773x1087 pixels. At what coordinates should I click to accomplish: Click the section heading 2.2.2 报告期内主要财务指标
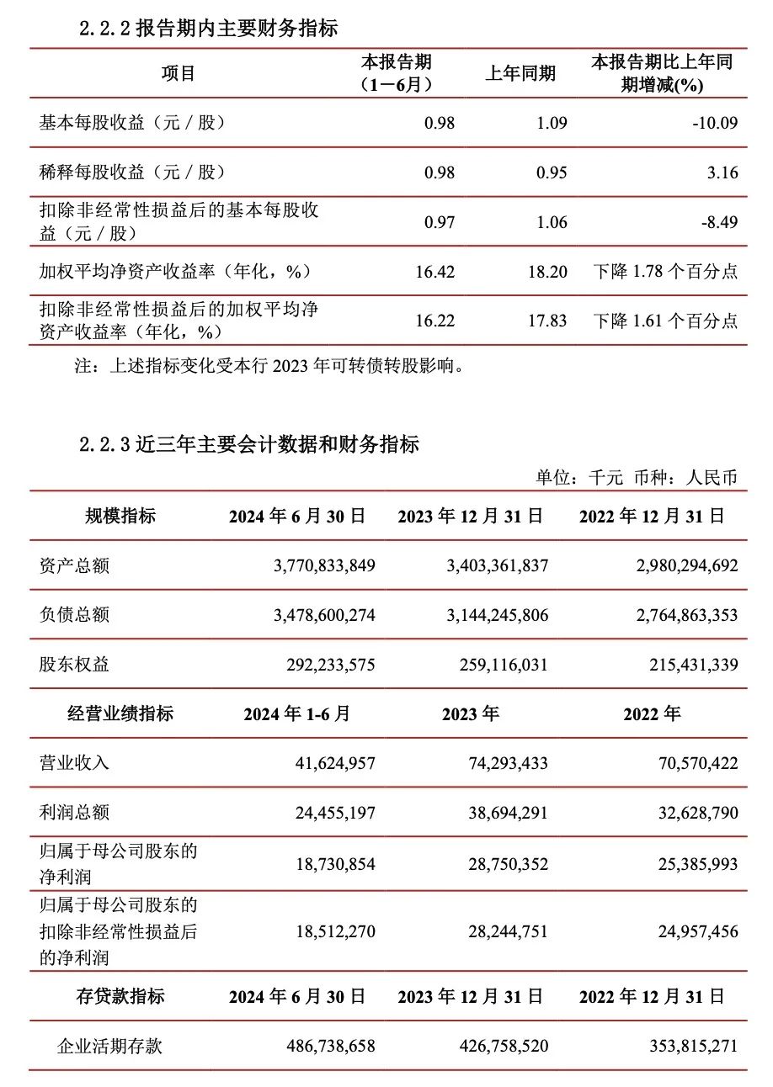point(208,28)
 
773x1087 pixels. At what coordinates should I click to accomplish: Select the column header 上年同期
point(520,73)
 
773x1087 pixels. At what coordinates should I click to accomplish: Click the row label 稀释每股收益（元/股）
point(133,172)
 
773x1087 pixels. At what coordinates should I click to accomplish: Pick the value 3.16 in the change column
point(723,172)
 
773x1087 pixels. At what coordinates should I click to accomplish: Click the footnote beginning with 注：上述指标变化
point(270,366)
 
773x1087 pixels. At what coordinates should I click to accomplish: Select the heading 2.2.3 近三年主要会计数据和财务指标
point(248,444)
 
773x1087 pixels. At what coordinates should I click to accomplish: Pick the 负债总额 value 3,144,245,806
point(497,615)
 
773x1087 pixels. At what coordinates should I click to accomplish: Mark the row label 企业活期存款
point(109,1046)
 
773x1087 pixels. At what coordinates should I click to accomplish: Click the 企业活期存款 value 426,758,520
point(497,1046)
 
